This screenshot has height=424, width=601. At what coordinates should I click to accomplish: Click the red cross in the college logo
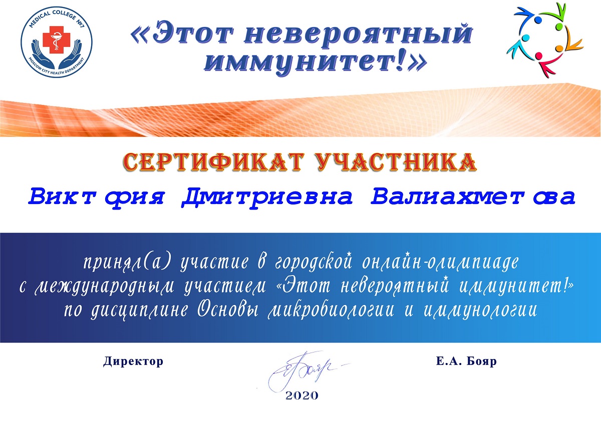pyautogui.click(x=56, y=39)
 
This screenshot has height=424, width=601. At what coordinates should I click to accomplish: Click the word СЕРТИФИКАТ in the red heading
pyautogui.click(x=214, y=162)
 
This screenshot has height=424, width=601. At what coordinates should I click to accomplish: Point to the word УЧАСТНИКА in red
pyautogui.click(x=396, y=162)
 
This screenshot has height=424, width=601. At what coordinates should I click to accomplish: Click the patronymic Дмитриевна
pyautogui.click(x=267, y=197)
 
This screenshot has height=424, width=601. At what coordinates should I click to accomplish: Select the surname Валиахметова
pyautogui.click(x=473, y=197)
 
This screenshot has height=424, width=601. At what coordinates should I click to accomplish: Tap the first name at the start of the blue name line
pyautogui.click(x=96, y=197)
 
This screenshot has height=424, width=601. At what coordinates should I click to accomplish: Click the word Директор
pyautogui.click(x=133, y=361)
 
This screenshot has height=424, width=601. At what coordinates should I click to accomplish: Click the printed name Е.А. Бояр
pyautogui.click(x=466, y=361)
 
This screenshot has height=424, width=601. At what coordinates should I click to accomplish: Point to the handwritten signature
pyautogui.click(x=306, y=371)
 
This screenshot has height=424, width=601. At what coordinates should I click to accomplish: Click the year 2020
pyautogui.click(x=302, y=395)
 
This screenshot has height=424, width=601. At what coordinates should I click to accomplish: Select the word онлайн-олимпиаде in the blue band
pyautogui.click(x=440, y=262)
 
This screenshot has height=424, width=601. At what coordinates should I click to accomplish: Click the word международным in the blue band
pyautogui.click(x=104, y=286)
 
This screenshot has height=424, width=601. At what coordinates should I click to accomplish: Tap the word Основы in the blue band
pyautogui.click(x=228, y=310)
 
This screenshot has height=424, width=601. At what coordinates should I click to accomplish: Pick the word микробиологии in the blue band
pyautogui.click(x=331, y=310)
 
